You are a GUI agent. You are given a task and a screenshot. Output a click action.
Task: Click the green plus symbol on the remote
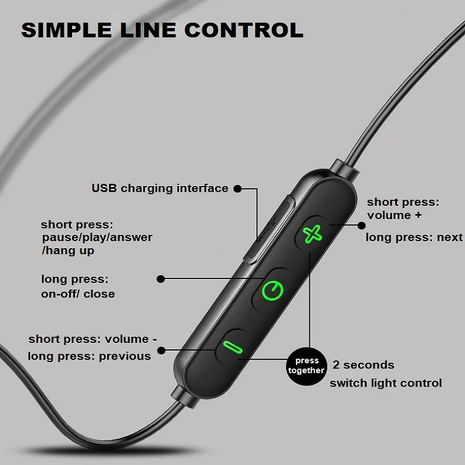click(x=312, y=234)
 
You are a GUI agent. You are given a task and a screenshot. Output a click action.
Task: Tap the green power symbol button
click(x=272, y=289)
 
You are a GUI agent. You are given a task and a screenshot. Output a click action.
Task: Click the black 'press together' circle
click(x=306, y=366)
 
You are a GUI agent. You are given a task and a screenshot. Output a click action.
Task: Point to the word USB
click(x=105, y=188)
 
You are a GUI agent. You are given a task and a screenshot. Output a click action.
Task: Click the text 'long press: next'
click(x=414, y=237)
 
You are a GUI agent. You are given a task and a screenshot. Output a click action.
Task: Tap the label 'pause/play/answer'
click(x=97, y=237)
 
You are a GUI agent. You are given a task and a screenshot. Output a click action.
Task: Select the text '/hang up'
click(x=68, y=251)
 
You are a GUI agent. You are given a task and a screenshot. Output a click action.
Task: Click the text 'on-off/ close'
click(x=78, y=294)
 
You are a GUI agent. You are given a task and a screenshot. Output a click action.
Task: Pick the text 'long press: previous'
click(x=89, y=356)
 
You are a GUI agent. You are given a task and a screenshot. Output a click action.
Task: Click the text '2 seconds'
click(x=363, y=365)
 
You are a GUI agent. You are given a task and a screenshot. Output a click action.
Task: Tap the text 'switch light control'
click(x=386, y=383)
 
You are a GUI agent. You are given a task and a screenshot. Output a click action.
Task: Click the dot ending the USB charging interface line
click(x=237, y=188)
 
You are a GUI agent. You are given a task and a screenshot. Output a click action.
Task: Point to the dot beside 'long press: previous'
click(x=161, y=350)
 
